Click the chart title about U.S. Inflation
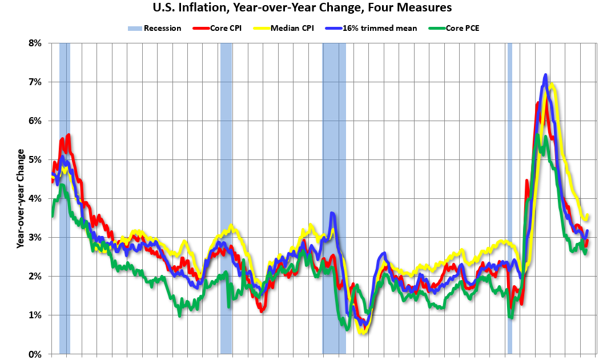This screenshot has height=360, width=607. (x=303, y=8)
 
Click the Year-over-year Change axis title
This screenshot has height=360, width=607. (x=21, y=198)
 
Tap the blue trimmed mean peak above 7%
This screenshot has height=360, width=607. (x=545, y=75)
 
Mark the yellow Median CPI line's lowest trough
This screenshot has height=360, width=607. (x=362, y=332)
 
